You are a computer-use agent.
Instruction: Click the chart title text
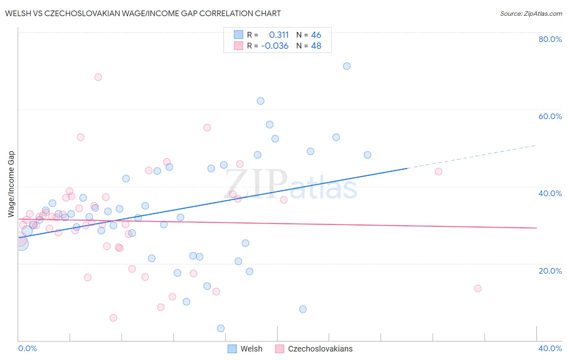143,13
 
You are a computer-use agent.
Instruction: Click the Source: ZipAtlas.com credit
531,13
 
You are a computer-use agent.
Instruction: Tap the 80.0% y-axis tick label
550,39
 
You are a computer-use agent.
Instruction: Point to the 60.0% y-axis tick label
550,116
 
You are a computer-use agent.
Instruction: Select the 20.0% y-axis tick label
550,271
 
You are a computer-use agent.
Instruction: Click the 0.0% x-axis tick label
27,348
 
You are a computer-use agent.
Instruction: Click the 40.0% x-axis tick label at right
550,348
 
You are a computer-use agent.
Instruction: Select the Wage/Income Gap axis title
11,184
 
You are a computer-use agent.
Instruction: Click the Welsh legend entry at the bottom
245,349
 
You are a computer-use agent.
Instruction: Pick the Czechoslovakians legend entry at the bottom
314,349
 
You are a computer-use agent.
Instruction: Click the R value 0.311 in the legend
279,35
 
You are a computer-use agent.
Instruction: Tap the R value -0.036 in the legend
275,46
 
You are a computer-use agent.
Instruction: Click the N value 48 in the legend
316,46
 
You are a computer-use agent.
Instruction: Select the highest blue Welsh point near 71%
347,66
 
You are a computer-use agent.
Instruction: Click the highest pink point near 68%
98,77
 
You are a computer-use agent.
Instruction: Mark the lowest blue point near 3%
221,329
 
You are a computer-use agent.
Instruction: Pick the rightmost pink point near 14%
478,289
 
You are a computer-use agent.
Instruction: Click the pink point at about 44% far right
439,172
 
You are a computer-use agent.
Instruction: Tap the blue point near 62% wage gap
261,101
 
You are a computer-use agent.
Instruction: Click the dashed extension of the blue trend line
472,157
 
